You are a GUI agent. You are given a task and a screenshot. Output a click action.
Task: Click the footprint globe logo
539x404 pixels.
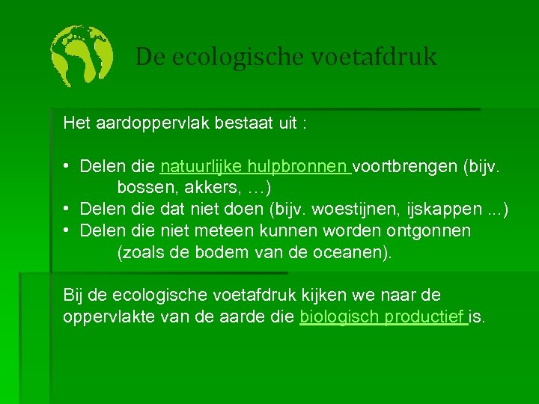(x=82, y=56)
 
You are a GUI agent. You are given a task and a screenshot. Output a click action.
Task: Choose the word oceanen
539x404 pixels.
(x=350, y=252)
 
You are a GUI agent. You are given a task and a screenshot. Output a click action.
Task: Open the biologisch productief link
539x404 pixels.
(x=383, y=317)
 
